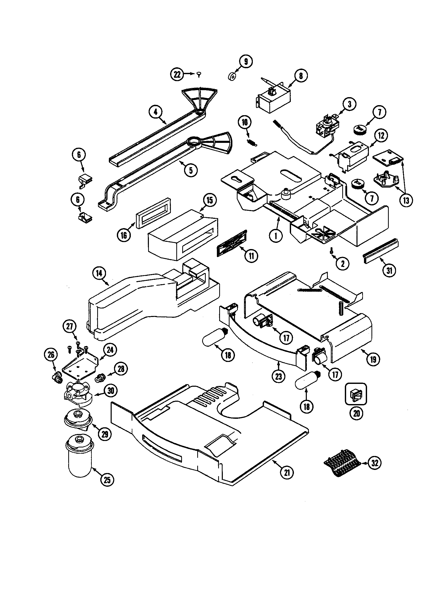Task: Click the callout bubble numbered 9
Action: click(x=246, y=61)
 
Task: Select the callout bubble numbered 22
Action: click(x=177, y=74)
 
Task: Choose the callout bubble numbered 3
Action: click(x=349, y=104)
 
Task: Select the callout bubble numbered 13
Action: click(x=406, y=200)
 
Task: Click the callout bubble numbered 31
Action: click(x=389, y=270)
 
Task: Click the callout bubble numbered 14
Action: click(x=99, y=273)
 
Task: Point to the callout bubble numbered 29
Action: click(x=105, y=434)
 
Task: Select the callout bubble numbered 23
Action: click(x=278, y=376)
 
